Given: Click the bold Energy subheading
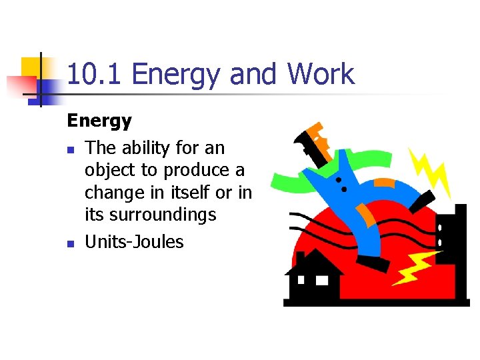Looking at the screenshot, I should click(99, 121).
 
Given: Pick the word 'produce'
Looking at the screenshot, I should click(199, 170).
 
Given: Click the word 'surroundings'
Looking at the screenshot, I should click(164, 215).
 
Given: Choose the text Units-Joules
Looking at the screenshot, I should click(134, 241).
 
